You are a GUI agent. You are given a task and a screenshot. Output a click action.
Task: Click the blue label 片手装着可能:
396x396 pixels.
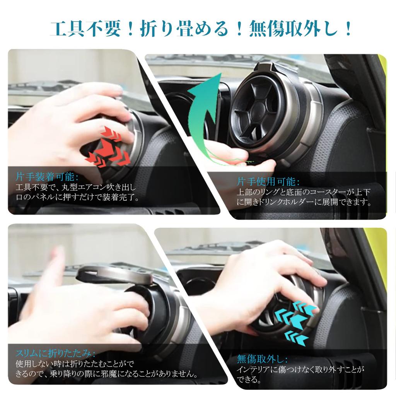point(46,177)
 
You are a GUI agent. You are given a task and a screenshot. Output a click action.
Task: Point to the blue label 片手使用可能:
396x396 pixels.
point(268,182)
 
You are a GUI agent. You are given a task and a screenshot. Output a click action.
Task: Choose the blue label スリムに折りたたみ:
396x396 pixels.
point(56,353)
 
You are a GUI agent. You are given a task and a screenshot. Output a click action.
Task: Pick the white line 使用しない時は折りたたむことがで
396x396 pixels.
point(75,364)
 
